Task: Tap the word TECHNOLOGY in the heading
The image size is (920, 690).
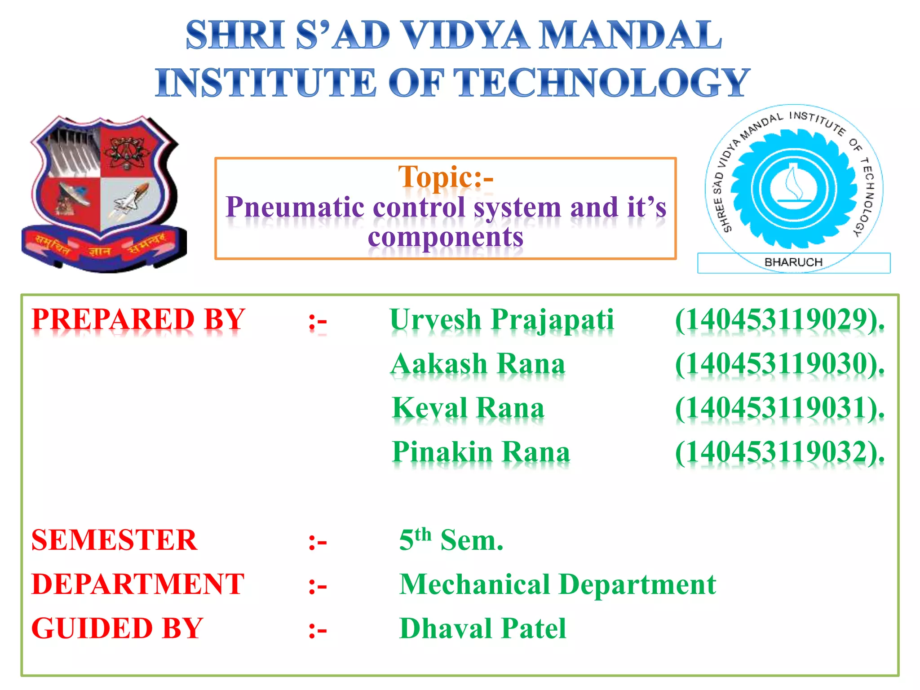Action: tap(602, 83)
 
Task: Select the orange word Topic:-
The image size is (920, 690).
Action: tap(446, 177)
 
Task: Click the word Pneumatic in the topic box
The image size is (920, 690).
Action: tap(295, 208)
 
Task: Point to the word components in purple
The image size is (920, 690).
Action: tap(446, 237)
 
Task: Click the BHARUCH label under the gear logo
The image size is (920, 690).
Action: tap(793, 262)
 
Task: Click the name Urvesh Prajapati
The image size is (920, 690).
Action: tap(501, 320)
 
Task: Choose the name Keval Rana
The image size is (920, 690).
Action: tap(468, 408)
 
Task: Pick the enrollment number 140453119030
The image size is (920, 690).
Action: tap(780, 364)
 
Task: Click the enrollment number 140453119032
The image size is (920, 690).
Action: tap(780, 452)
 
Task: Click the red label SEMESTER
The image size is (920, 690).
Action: tap(114, 540)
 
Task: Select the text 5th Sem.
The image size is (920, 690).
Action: tap(451, 540)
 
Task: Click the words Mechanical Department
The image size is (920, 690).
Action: tap(557, 584)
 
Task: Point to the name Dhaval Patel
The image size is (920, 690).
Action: tap(482, 628)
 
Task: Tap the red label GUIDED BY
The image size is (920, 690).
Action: tap(117, 628)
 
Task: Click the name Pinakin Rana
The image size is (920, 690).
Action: tap(481, 452)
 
